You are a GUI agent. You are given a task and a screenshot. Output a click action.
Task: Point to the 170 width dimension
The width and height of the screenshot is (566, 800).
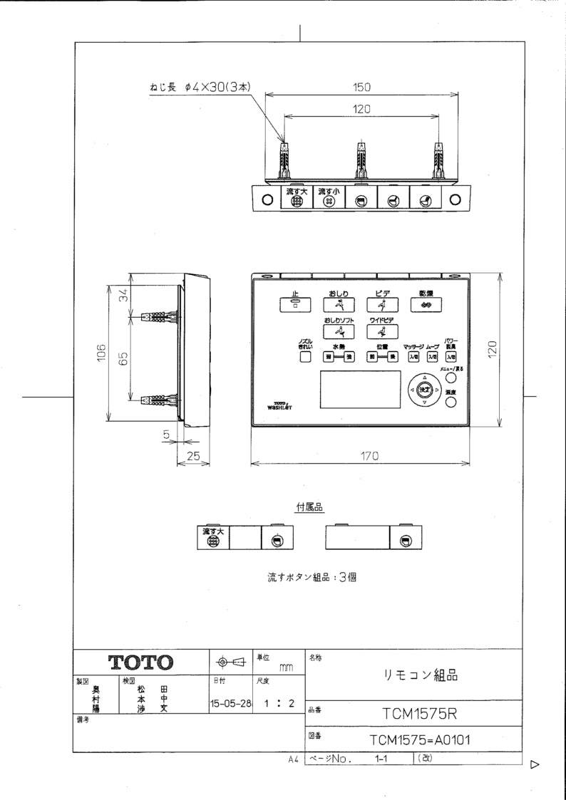click(368, 455)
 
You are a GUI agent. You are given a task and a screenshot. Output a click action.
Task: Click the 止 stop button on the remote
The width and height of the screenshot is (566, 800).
click(294, 302)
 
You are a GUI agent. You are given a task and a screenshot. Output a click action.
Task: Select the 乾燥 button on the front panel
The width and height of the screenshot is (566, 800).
click(426, 302)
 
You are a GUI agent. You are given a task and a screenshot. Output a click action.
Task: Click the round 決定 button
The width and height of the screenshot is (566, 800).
click(424, 390)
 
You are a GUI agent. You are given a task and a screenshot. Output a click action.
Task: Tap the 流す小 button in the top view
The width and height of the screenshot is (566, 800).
click(329, 197)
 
